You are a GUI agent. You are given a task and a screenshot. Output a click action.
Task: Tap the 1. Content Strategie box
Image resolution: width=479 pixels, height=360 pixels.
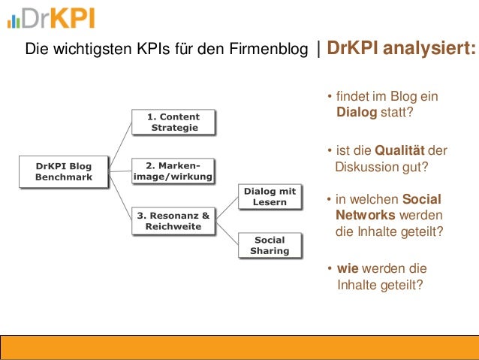point(174,122)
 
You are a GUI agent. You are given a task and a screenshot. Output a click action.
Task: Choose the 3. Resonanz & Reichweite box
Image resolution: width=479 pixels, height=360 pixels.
point(173,220)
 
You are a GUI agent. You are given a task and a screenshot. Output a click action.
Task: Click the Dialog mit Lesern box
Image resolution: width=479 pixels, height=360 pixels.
point(270,197)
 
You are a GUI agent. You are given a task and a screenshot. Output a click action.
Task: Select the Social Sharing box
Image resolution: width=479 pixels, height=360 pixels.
point(270,245)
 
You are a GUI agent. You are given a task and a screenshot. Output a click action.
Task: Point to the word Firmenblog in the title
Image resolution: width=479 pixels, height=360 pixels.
point(271,50)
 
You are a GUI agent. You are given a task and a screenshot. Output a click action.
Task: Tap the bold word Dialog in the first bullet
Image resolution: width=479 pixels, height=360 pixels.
point(356,113)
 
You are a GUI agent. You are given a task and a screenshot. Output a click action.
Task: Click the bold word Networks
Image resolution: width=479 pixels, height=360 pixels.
point(362,216)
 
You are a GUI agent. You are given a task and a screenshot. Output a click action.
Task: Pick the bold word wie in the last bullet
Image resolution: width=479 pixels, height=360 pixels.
point(348,268)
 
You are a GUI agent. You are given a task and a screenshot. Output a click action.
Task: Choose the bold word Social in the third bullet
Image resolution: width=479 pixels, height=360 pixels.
point(422,199)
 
